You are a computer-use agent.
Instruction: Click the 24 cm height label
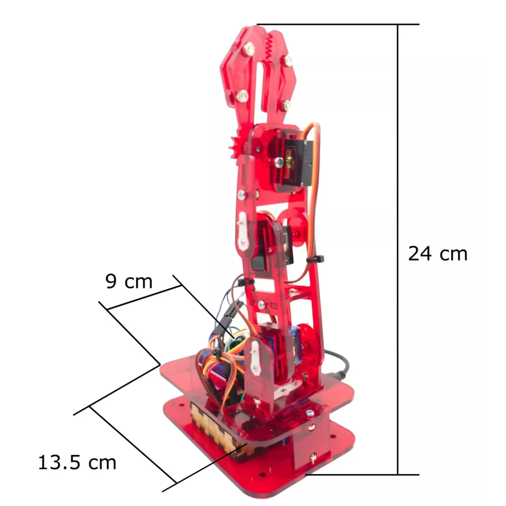click(x=438, y=254)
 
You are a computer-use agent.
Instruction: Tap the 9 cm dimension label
click(x=129, y=282)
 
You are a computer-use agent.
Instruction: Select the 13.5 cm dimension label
click(x=77, y=462)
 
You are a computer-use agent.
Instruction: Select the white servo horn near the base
click(x=256, y=358)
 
